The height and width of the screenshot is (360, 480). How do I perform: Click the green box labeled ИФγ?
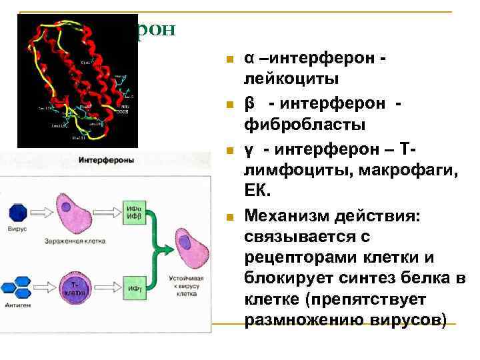coord(133,287)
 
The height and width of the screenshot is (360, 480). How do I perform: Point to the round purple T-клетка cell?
coord(75,287)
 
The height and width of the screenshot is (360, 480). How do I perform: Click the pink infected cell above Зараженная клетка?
coord(76,211)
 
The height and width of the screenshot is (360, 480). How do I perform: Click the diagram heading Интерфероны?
coord(107,161)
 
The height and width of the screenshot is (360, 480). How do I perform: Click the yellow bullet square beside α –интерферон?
coord(229,60)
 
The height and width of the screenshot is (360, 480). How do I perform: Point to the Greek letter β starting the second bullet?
coord(249,102)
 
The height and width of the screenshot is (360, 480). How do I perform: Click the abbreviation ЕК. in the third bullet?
coord(258,192)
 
